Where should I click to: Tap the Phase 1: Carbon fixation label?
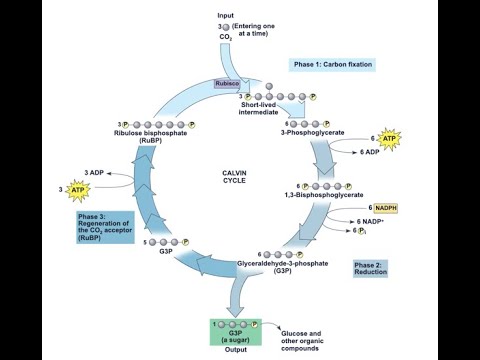coord(333,64)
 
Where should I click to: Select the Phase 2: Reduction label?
coord(369,268)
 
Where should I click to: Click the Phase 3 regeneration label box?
coord(103,228)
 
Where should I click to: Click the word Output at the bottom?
coord(235,350)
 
